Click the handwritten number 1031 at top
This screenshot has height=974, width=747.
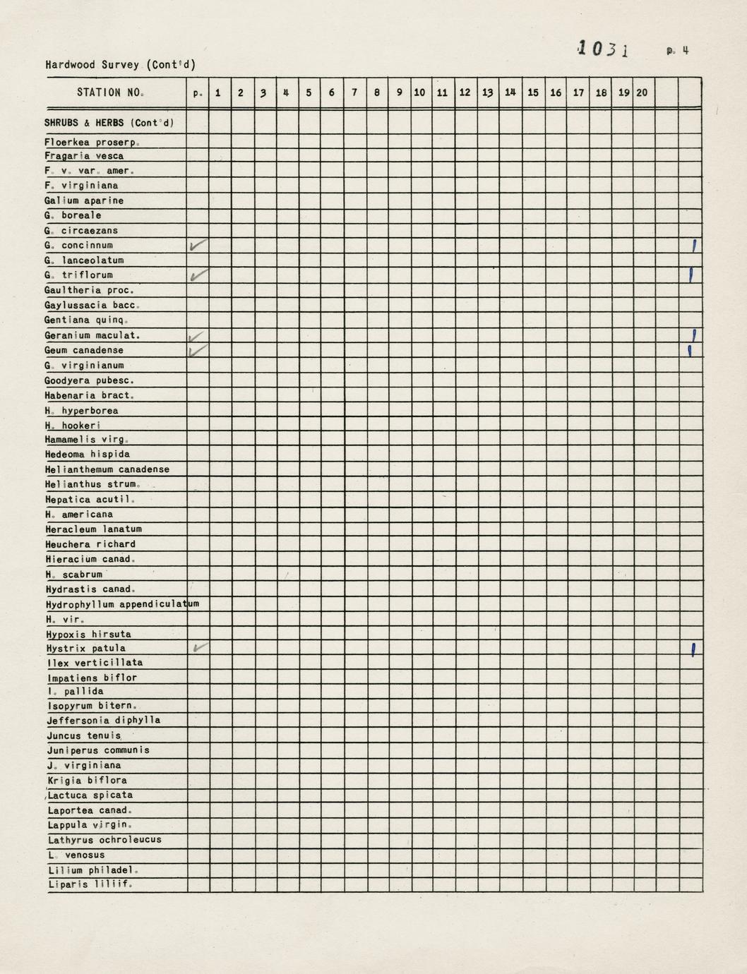(x=603, y=49)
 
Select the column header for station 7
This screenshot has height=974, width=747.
(x=354, y=92)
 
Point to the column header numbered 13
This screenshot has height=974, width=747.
(x=487, y=92)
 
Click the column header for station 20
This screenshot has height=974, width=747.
(x=642, y=92)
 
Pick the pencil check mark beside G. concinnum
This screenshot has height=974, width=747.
(x=198, y=246)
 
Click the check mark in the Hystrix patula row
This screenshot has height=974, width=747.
(x=200, y=647)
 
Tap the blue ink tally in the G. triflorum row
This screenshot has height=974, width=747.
(x=691, y=275)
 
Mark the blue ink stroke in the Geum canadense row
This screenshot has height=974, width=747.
(x=689, y=350)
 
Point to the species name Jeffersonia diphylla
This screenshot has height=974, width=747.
(x=104, y=721)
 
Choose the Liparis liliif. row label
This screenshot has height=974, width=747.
(x=90, y=884)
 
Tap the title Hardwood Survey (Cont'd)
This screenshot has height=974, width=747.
(x=121, y=65)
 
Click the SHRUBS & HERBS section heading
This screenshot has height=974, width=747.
(x=109, y=123)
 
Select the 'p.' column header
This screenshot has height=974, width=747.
(x=198, y=92)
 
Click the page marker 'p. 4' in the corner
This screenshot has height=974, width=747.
(x=677, y=51)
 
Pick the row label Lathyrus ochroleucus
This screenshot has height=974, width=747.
(x=104, y=840)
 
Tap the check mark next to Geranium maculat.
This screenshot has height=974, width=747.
(x=198, y=336)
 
